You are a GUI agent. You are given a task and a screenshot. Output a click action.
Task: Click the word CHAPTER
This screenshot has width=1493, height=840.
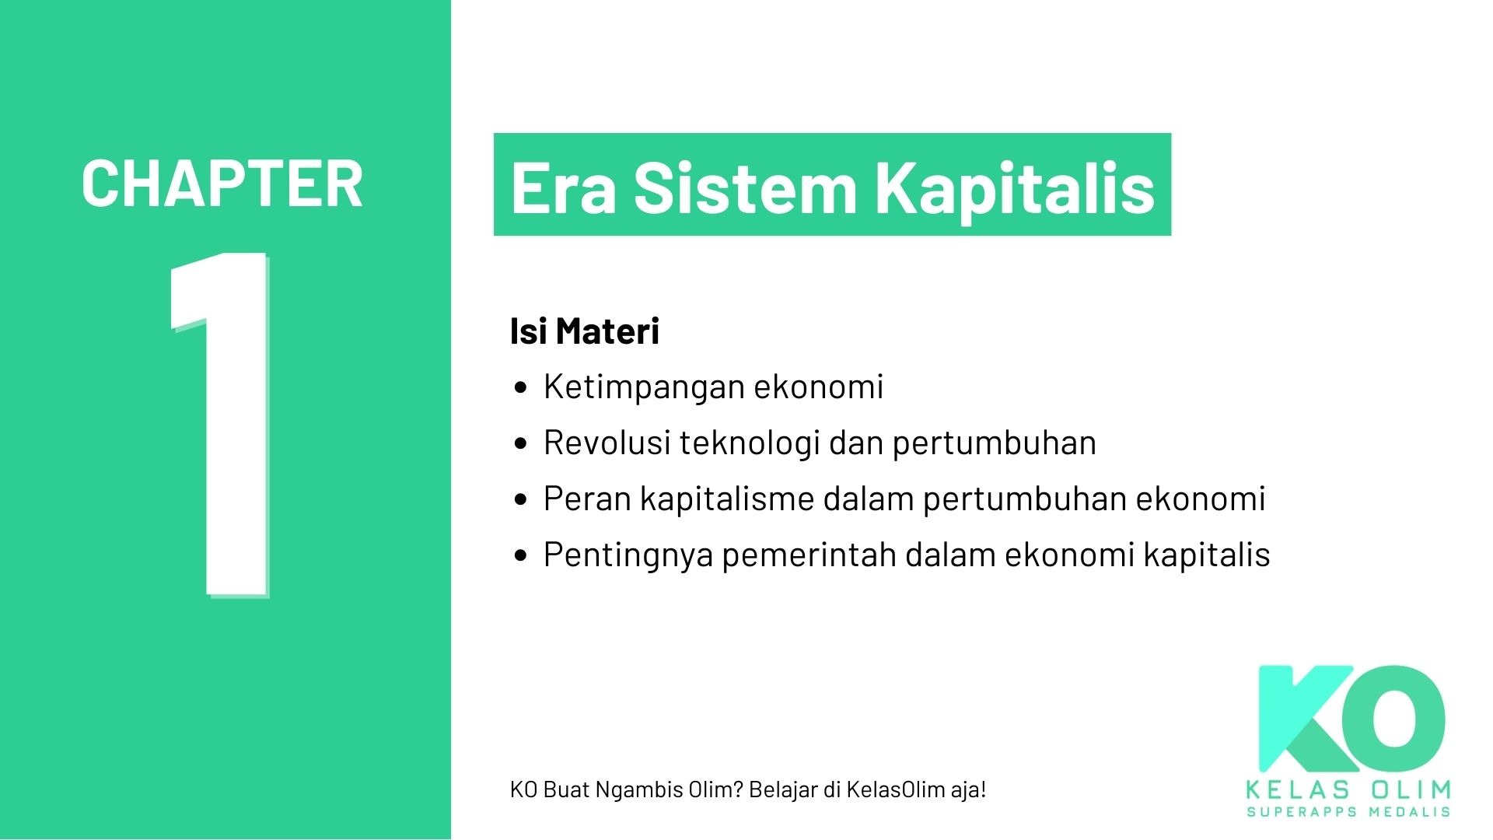point(222,184)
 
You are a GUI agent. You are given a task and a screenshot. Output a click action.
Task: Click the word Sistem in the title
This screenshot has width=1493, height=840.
point(745,187)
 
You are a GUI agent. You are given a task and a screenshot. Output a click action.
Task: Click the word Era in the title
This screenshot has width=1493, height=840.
point(564,187)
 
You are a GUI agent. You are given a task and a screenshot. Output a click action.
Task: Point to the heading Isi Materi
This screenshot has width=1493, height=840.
point(584,331)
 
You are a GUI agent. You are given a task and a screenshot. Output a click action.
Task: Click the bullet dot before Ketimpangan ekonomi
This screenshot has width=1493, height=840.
point(521,387)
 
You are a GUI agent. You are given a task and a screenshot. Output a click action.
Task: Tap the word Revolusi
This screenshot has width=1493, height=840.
point(607,443)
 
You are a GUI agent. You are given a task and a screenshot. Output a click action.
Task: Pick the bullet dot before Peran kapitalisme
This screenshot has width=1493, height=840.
point(521,499)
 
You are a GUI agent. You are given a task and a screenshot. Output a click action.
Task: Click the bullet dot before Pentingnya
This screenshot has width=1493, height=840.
point(521,555)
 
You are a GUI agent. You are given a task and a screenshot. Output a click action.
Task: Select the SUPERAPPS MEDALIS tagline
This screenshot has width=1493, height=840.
point(1348,812)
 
